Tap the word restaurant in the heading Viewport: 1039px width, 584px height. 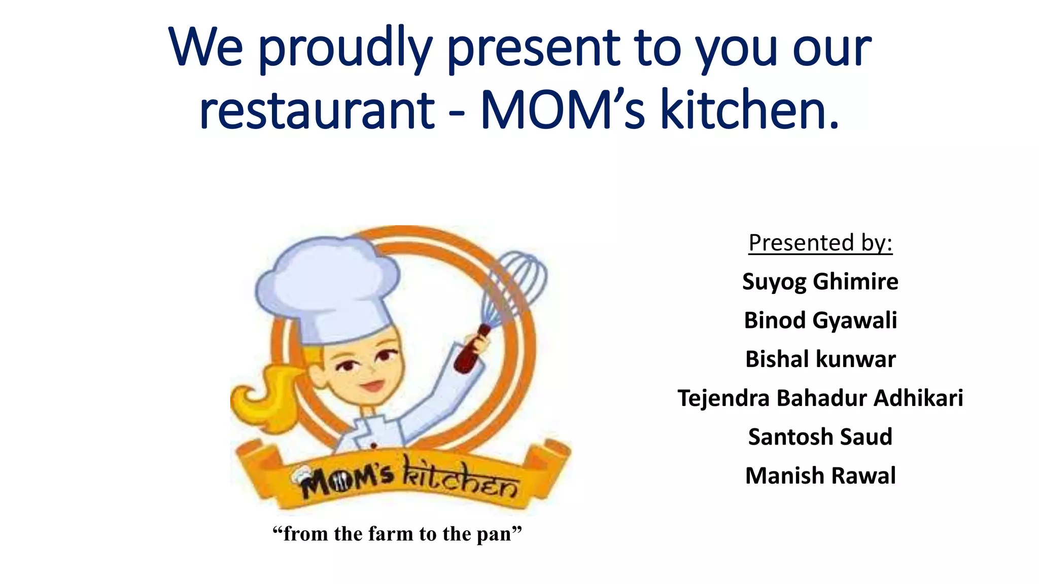[317, 110]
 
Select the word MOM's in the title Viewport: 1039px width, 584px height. [562, 110]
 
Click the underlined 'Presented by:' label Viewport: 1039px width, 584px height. [820, 243]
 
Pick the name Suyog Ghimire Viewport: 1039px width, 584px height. [820, 282]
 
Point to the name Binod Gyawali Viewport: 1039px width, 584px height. [820, 320]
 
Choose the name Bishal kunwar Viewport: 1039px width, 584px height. [820, 359]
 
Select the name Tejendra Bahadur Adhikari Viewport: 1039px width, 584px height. [820, 398]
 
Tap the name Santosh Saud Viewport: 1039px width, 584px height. [820, 437]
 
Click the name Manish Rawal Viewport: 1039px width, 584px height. [820, 476]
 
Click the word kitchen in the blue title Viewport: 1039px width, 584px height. [749, 110]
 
